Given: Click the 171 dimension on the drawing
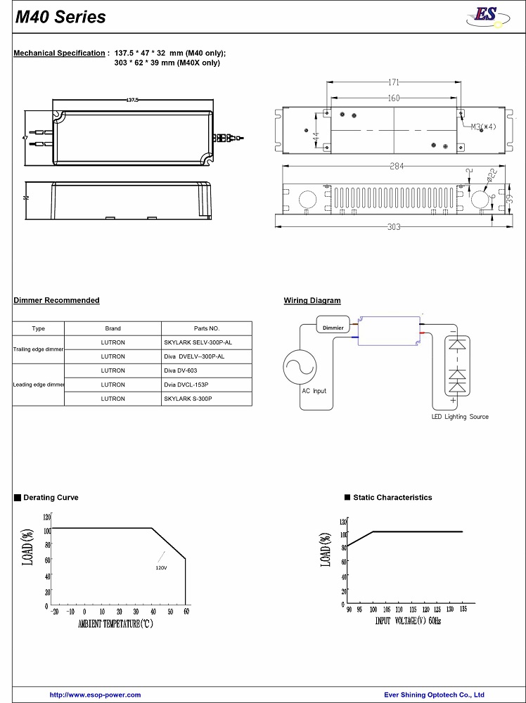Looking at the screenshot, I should click(x=393, y=83).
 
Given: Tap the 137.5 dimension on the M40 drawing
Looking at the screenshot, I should click(x=132, y=101).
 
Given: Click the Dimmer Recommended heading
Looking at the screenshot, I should click(x=56, y=300).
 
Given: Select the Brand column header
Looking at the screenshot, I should click(x=113, y=328).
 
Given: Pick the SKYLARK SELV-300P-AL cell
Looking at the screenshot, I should click(x=198, y=342).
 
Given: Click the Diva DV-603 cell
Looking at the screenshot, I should click(x=181, y=370).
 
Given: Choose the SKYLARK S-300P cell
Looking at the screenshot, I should click(x=188, y=399).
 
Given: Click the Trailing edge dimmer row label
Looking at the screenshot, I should click(x=38, y=349).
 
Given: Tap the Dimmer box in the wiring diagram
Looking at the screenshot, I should click(x=333, y=328).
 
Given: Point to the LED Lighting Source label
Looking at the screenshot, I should click(x=460, y=416).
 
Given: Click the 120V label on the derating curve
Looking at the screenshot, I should click(x=161, y=567).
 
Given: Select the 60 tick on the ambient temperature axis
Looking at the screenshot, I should click(x=186, y=612).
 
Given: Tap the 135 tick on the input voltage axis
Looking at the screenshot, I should click(x=462, y=610).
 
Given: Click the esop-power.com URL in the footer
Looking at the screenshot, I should click(x=95, y=695).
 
